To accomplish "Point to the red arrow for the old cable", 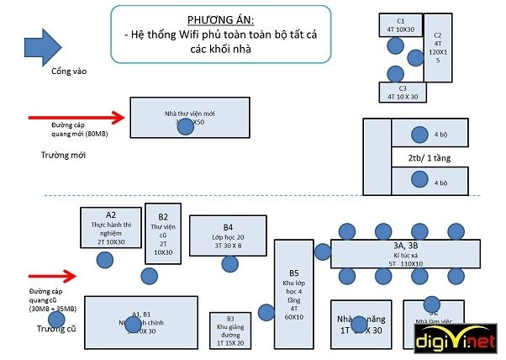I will tap(52, 275).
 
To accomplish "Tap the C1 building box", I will tap(400, 24).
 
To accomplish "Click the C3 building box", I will tap(402, 92).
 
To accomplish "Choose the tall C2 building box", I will tap(437, 47).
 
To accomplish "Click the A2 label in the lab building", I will tap(110, 214).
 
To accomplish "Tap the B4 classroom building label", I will tap(228, 227).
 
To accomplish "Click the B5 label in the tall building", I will tap(293, 273).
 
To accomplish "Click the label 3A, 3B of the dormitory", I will tap(405, 245).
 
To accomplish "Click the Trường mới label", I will tap(64, 156).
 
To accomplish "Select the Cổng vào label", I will tap(68, 71).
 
